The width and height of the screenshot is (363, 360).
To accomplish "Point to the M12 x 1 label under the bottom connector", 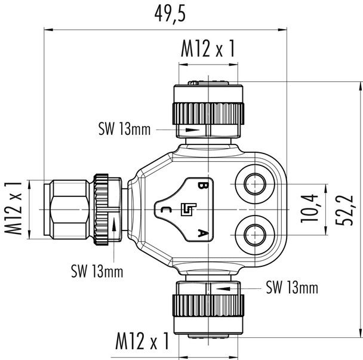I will pyautogui.click(x=141, y=341).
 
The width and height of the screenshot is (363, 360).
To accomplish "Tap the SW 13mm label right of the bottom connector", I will pyautogui.click(x=291, y=289).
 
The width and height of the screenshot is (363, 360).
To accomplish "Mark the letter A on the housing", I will pyautogui.click(x=204, y=233).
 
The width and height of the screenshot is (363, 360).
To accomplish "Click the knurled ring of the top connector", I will pyautogui.click(x=208, y=112).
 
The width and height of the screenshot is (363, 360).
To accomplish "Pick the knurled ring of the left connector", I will pyautogui.click(x=100, y=208).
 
